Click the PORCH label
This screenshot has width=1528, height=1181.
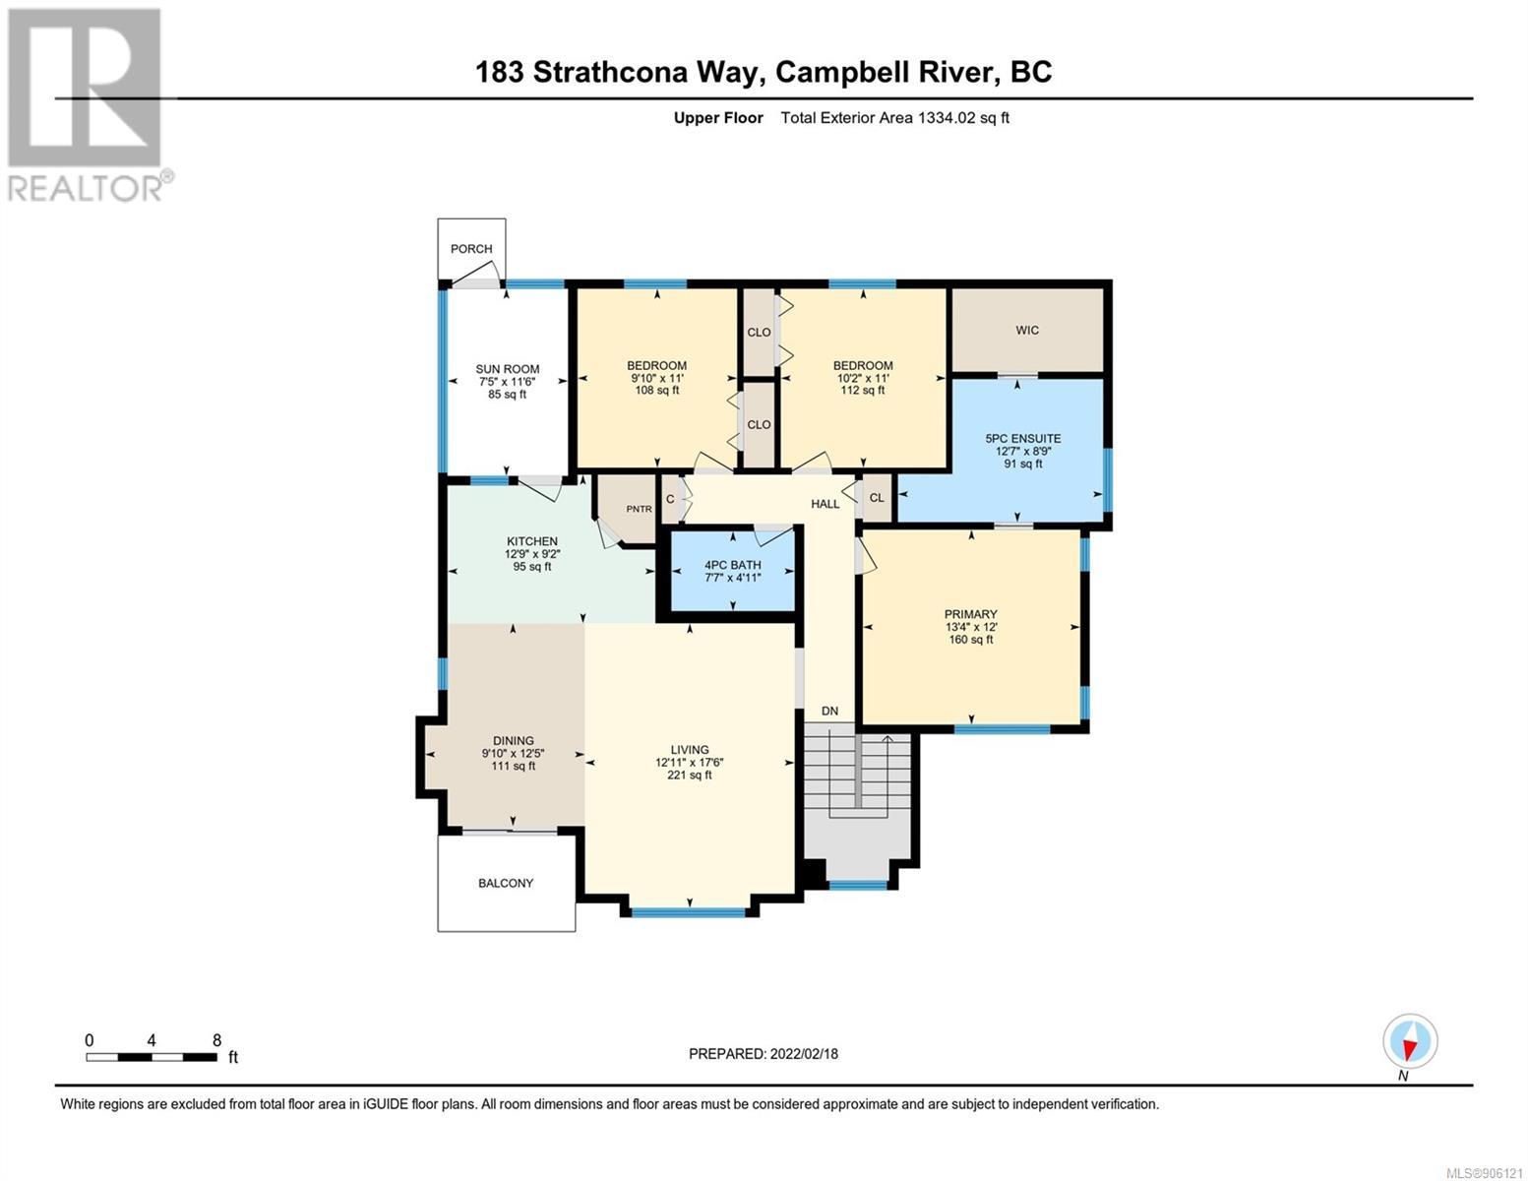coord(471,248)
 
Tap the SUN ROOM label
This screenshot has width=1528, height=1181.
coord(507,369)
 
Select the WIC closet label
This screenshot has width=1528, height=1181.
coord(1026,330)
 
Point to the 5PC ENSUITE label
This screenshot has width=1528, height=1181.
coord(1023,438)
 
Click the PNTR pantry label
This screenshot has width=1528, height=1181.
coord(640,509)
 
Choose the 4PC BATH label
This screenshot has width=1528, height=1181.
coord(733,565)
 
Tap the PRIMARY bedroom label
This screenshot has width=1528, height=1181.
coord(971,614)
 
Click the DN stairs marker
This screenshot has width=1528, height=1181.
coord(829,711)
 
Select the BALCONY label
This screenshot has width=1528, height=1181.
coord(506,883)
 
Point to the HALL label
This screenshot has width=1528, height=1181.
coord(825,504)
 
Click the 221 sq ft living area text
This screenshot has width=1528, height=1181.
coord(689,776)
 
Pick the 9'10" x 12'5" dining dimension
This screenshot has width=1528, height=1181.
coord(514,753)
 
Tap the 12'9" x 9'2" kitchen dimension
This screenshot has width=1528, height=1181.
coord(532,553)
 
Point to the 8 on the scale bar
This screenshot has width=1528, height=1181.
coord(217,1039)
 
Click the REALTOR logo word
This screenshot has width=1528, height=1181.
coord(86,189)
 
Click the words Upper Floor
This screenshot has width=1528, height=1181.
coord(718,118)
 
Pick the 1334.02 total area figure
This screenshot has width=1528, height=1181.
coord(946,118)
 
